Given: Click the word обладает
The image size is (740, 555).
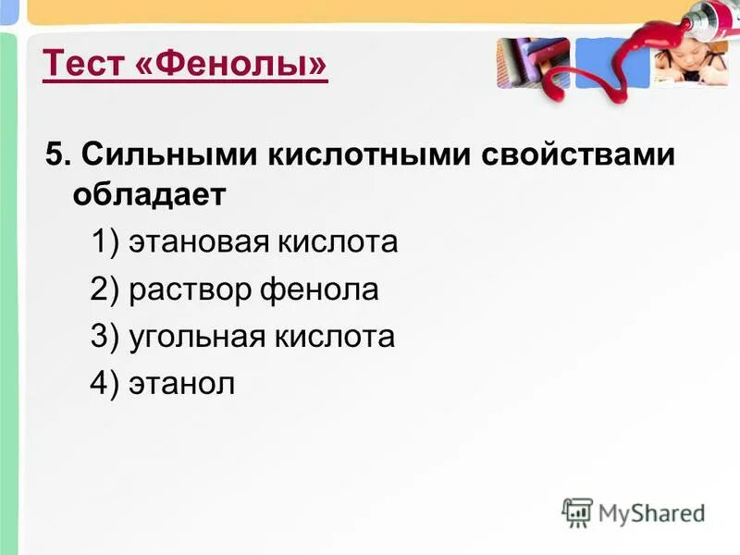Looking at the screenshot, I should pos(149,195).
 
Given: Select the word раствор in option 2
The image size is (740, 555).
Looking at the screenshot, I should pos(191,290).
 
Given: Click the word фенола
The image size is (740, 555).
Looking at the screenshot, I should pos(319,290).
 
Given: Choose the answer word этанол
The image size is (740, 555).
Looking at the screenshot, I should pos(182,383).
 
